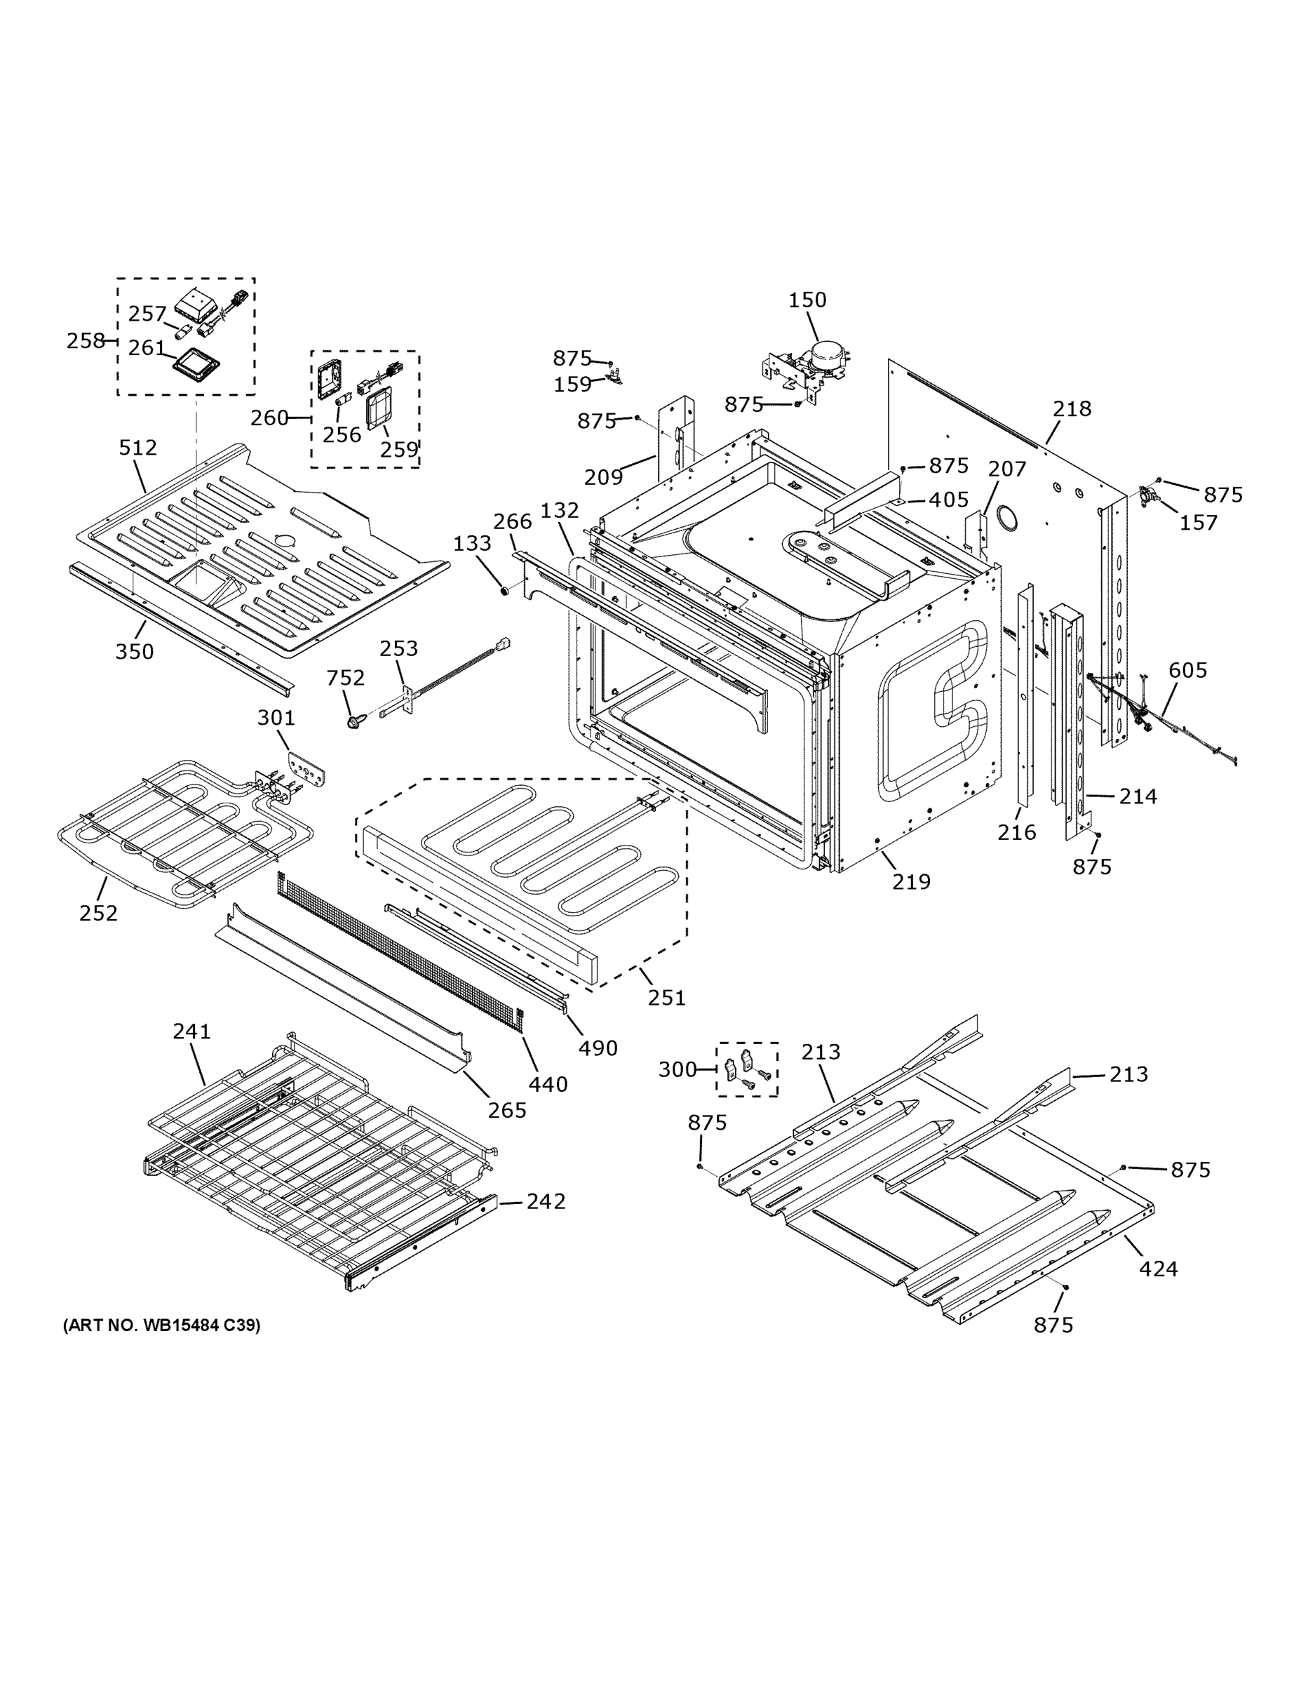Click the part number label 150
(x=807, y=300)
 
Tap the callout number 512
(x=138, y=447)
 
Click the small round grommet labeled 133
(x=505, y=591)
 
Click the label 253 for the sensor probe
(x=398, y=648)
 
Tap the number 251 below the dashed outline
(x=666, y=998)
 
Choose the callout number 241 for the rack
(x=191, y=1031)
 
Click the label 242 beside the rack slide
(x=546, y=1201)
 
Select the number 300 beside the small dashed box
(x=677, y=1069)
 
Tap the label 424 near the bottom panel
(x=1158, y=1269)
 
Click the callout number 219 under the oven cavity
(x=911, y=881)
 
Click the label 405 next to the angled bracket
(x=948, y=500)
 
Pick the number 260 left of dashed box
(x=269, y=418)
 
